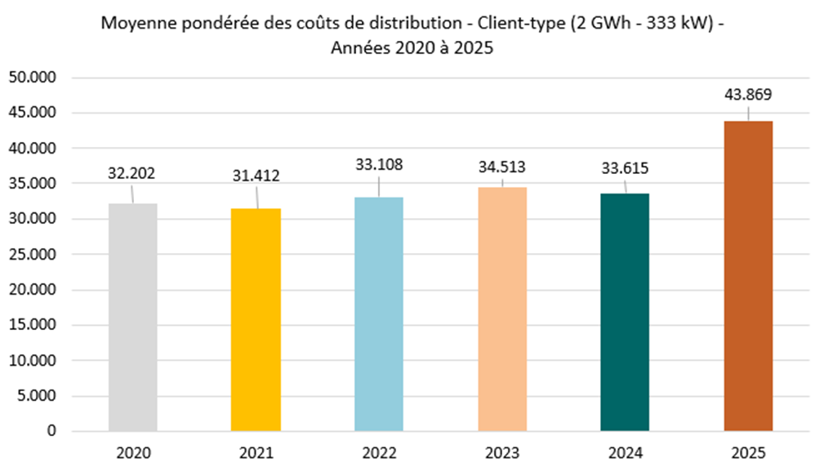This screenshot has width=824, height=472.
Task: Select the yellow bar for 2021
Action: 256,319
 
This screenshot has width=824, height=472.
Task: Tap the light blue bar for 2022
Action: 379,314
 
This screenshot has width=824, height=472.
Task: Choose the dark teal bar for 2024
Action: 625,312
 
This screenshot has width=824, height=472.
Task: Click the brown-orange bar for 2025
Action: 748,275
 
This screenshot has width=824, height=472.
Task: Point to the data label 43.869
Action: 748,94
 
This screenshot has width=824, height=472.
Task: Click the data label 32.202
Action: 131,173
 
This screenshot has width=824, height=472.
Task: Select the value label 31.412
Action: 256,176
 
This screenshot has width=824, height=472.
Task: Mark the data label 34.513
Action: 501,167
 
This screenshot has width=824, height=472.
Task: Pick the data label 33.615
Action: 625,169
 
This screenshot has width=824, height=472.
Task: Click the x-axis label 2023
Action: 502,452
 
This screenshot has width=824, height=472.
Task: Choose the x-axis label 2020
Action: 132,452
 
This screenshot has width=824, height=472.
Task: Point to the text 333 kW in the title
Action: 683,24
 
